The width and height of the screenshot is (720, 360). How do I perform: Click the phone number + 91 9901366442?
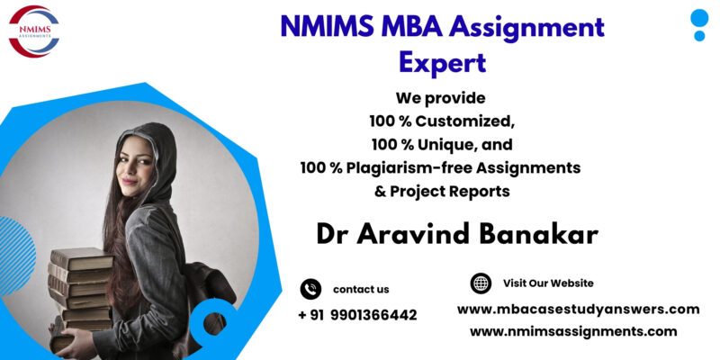pyautogui.click(x=357, y=315)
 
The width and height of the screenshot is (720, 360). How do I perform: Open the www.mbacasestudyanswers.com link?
pyautogui.click(x=578, y=309)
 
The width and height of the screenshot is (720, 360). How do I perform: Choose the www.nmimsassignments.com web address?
pyautogui.click(x=573, y=331)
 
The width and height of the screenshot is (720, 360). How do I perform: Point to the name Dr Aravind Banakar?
pyautogui.click(x=457, y=232)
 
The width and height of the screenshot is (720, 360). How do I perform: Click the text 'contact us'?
pyautogui.click(x=361, y=289)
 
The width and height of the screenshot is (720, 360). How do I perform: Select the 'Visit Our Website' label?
pyautogui.click(x=548, y=283)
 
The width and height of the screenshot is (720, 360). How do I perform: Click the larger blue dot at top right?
pyautogui.click(x=699, y=18)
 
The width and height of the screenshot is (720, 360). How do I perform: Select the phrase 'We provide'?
pyautogui.click(x=441, y=96)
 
